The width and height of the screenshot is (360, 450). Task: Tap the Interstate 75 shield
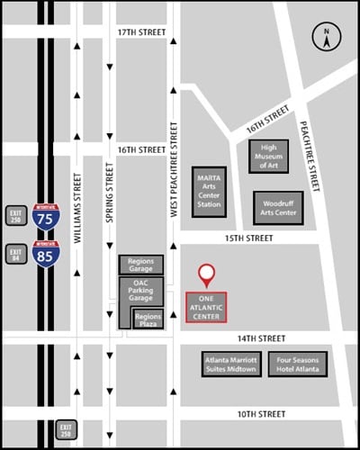click(43, 215)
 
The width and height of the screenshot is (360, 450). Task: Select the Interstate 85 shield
click(43, 255)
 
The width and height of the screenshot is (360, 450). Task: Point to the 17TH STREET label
click(142, 32)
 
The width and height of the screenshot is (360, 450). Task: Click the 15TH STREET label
click(247, 238)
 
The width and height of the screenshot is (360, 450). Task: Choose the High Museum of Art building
click(268, 157)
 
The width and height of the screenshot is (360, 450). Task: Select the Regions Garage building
click(140, 265)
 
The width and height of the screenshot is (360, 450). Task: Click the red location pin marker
click(207, 274)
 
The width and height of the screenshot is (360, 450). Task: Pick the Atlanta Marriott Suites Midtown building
click(231, 364)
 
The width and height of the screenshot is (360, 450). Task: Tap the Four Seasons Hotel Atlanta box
click(297, 364)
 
